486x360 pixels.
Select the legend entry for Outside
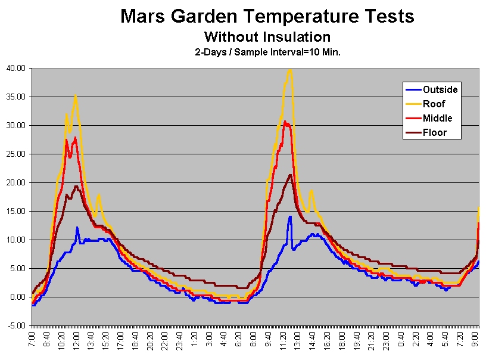(x=440, y=89)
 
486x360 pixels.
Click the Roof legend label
(x=434, y=104)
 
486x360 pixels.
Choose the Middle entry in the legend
(x=437, y=118)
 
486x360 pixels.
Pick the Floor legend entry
(x=434, y=132)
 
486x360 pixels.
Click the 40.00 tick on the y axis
(x=16, y=68)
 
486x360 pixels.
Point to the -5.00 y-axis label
(x=16, y=325)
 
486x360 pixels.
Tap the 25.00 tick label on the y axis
(x=16, y=154)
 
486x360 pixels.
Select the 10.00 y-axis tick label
(x=16, y=240)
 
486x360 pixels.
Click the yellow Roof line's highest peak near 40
(x=290, y=69)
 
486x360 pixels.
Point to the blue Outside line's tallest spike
(x=290, y=216)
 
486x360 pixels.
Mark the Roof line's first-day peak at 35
(x=76, y=96)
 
